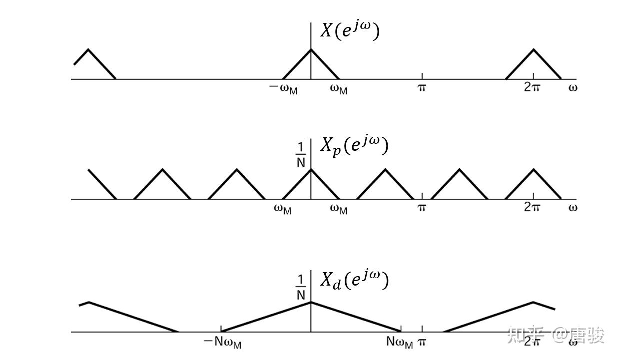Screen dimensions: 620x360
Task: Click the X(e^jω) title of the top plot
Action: click(350, 30)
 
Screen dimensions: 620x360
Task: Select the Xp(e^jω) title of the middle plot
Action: click(354, 146)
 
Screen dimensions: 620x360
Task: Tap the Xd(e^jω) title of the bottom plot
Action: click(354, 280)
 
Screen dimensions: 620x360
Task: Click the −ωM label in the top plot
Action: click(283, 88)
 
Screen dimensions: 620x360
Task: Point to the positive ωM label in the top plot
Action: click(339, 88)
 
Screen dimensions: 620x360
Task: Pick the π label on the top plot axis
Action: click(422, 88)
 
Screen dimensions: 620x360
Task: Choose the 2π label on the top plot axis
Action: click(532, 87)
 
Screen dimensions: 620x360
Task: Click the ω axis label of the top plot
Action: click(573, 88)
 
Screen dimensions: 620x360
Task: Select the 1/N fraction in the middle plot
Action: click(301, 155)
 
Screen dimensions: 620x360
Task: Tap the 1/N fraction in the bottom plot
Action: click(301, 287)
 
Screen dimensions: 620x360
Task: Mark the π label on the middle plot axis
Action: click(422, 207)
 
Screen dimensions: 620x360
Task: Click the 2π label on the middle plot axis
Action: click(532, 207)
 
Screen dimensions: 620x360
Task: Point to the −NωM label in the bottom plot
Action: click(222, 343)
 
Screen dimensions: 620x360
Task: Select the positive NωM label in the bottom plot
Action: click(399, 343)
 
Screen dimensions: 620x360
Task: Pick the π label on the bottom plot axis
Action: click(422, 343)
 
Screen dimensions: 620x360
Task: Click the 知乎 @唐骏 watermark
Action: click(556, 336)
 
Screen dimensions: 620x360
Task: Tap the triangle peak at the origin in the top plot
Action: click(311, 49)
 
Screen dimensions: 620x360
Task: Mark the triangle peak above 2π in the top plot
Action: click(534, 49)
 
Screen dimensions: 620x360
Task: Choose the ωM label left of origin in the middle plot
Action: click(283, 209)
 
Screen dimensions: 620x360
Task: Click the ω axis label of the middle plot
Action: click(573, 207)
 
